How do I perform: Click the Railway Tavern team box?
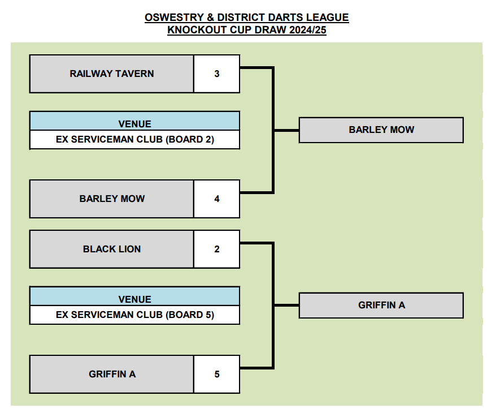pyautogui.click(x=111, y=74)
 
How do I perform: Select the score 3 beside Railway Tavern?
pyautogui.click(x=216, y=74)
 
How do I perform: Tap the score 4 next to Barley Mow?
pyautogui.click(x=216, y=199)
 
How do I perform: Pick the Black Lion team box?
pyautogui.click(x=111, y=249)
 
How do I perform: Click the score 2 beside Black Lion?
pyautogui.click(x=216, y=249)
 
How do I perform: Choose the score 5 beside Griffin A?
pyautogui.click(x=216, y=374)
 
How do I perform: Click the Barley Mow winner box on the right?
pyautogui.click(x=381, y=130)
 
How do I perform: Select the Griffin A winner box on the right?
pyautogui.click(x=381, y=305)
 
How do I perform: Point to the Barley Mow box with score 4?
pyautogui.click(x=111, y=199)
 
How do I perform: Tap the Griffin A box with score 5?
pyautogui.click(x=111, y=374)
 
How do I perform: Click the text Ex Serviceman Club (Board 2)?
pyautogui.click(x=135, y=139)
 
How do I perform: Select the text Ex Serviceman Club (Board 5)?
pyautogui.click(x=135, y=315)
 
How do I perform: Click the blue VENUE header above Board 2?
pyautogui.click(x=135, y=124)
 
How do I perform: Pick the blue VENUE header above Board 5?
pyautogui.click(x=135, y=299)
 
